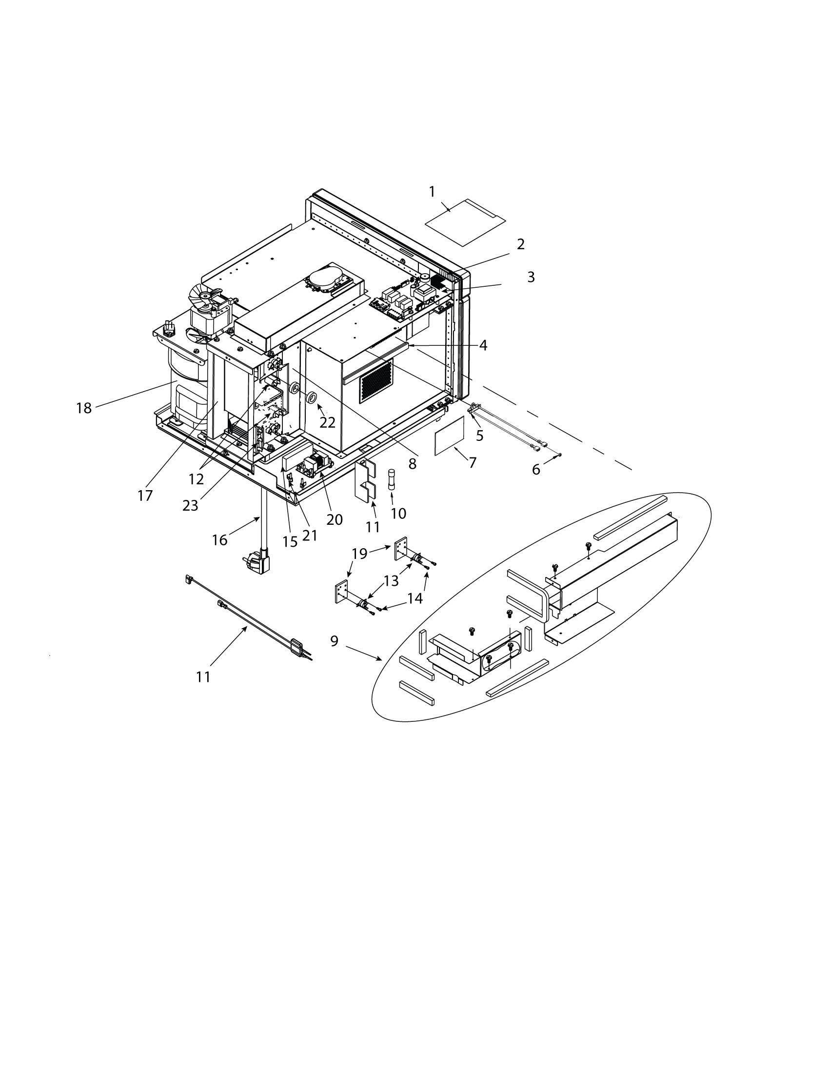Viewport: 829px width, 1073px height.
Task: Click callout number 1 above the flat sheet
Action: click(432, 192)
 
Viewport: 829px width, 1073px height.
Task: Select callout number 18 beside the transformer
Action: click(84, 408)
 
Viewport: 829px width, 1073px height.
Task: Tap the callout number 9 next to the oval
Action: click(335, 641)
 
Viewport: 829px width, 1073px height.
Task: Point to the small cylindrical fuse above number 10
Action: click(392, 477)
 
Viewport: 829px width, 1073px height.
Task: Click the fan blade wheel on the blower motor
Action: click(205, 299)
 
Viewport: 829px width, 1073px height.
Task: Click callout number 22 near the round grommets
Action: click(328, 422)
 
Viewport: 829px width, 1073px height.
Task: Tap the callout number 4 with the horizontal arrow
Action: click(483, 345)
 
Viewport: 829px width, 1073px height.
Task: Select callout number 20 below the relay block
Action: click(335, 519)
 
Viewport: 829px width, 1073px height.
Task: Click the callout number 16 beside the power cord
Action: click(219, 540)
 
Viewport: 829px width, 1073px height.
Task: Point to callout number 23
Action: click(190, 506)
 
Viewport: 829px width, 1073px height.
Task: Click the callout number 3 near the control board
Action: click(531, 277)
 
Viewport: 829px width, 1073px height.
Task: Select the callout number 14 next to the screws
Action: click(415, 598)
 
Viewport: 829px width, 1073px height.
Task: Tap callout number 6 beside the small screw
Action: click(536, 470)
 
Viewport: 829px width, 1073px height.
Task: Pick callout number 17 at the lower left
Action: click(145, 496)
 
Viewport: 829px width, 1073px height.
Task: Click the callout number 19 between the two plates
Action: click(359, 554)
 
